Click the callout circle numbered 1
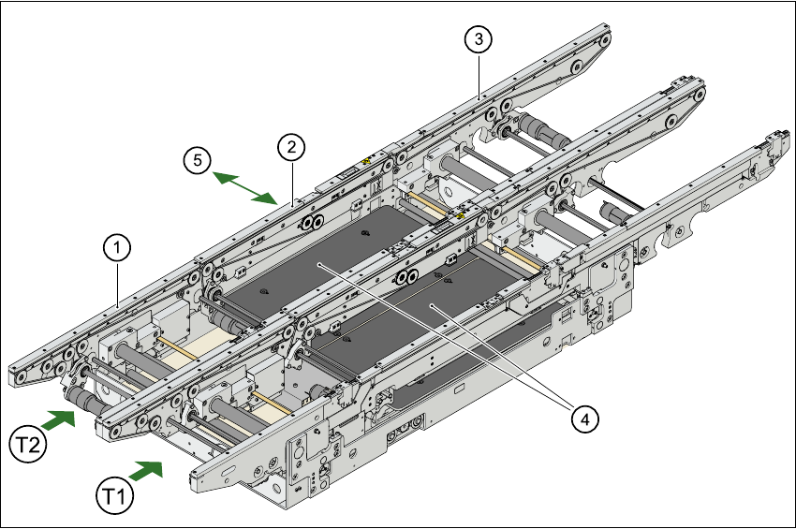pos(116,247)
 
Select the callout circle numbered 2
pos(291,146)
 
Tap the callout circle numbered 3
pos(479,38)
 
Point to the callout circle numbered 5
pos(198,160)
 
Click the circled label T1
pos(113,492)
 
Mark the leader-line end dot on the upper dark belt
pos(319,265)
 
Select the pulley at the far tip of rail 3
pos(604,38)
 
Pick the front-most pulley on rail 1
pos(18,377)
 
